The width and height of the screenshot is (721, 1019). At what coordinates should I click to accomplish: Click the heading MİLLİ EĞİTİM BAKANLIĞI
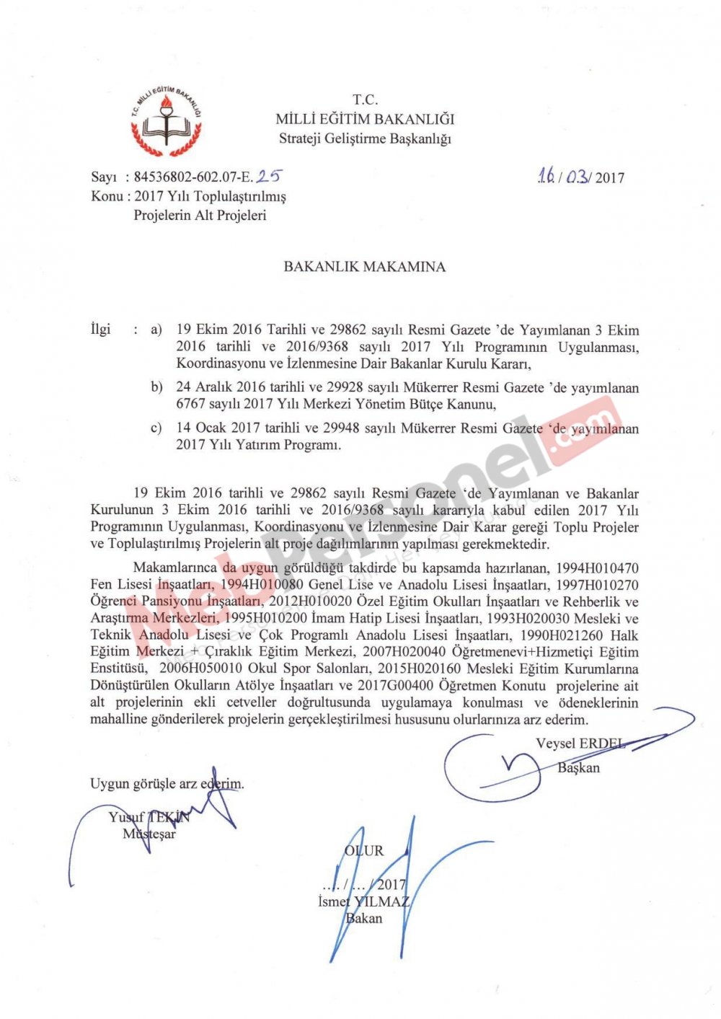[x=365, y=119]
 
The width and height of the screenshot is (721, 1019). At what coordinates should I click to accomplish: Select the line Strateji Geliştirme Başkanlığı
[x=365, y=138]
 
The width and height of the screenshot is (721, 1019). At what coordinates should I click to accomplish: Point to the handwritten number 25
[x=269, y=175]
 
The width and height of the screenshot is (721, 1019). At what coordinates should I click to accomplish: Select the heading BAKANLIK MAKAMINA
[x=364, y=267]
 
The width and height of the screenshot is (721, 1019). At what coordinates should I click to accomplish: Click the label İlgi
[x=101, y=330]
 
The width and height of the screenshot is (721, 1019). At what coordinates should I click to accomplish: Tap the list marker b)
[x=156, y=387]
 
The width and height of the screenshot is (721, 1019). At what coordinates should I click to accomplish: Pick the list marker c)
[x=156, y=428]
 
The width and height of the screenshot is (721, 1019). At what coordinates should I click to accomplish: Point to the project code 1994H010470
[x=595, y=568]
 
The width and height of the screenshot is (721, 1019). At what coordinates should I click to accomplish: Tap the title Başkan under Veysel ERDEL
[x=578, y=767]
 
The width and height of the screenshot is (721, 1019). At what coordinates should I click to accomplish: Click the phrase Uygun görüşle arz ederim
[x=167, y=783]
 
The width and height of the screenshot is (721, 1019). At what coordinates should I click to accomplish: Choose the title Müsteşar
[x=149, y=834]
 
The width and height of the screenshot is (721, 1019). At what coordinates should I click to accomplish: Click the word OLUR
[x=364, y=851]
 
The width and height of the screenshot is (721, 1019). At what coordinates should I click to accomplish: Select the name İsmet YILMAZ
[x=363, y=901]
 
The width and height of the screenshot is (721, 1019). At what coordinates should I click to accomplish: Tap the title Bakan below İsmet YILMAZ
[x=364, y=918]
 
